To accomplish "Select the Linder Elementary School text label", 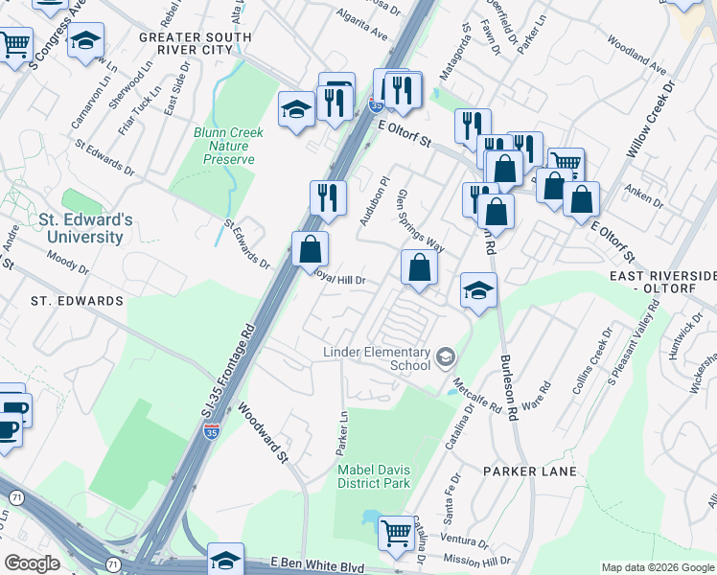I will tap(376, 359).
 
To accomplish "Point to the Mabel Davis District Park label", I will tap(374, 475).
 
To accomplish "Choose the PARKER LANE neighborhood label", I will tap(530, 471).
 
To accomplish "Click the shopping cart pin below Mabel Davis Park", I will tap(396, 532).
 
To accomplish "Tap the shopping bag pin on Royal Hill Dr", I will tap(310, 250).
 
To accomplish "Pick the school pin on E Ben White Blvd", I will tap(225, 560).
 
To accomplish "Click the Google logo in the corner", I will tap(32, 563).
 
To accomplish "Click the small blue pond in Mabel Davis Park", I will tap(371, 518).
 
